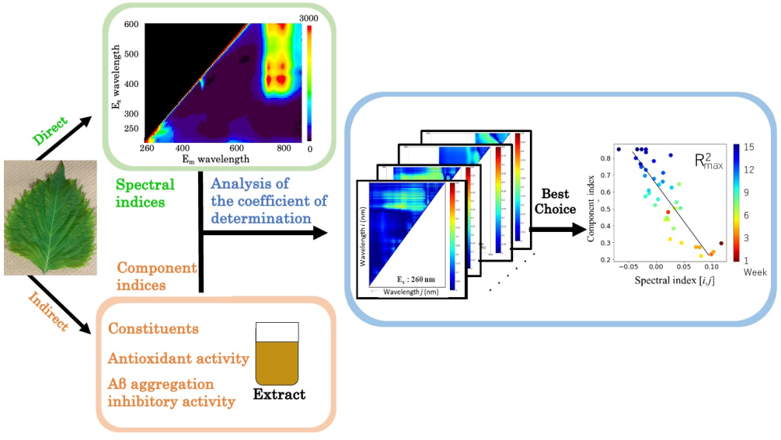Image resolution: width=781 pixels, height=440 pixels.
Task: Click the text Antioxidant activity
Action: pyautogui.click(x=179, y=358)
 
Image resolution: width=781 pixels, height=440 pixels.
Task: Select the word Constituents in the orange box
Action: pyautogui.click(x=153, y=329)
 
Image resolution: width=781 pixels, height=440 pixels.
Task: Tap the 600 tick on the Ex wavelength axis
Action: pyautogui.click(x=131, y=25)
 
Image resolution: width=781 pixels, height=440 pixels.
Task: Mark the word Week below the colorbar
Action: pyautogui.click(x=755, y=273)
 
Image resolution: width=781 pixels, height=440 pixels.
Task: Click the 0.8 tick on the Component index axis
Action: pyautogui.click(x=605, y=157)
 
